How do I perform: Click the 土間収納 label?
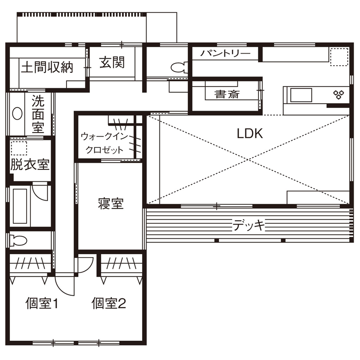coord(47,67)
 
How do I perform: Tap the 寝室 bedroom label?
coord(110,204)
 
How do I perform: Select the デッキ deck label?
coord(249,225)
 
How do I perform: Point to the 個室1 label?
coord(42,304)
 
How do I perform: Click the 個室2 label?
coord(109,304)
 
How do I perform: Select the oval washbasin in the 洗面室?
coord(17,114)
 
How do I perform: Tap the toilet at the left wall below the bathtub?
coord(18,240)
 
